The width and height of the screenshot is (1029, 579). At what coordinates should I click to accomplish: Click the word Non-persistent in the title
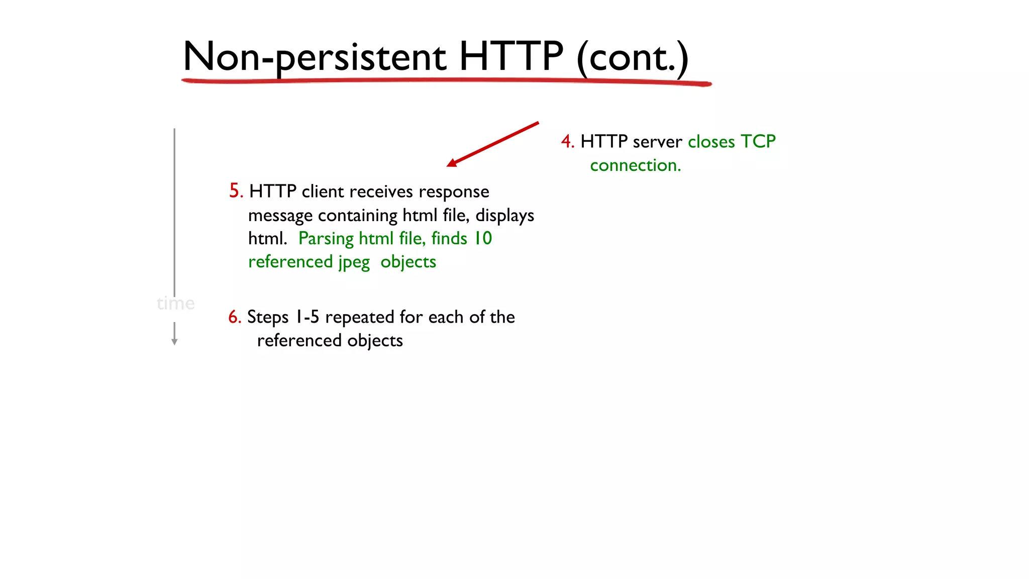click(x=314, y=57)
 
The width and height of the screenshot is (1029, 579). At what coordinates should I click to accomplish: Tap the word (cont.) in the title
click(x=632, y=57)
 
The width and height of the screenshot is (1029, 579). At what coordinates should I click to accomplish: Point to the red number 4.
click(x=567, y=142)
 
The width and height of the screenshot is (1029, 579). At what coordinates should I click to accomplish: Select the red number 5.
click(x=235, y=191)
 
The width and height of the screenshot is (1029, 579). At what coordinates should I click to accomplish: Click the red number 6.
click(x=234, y=317)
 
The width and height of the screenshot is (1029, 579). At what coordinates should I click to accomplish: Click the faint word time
click(x=175, y=304)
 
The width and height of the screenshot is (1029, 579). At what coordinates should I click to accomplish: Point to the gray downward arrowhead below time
click(x=174, y=342)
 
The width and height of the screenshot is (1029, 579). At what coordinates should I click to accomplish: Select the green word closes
click(x=711, y=142)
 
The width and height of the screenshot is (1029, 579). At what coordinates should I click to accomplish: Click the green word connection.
click(x=635, y=165)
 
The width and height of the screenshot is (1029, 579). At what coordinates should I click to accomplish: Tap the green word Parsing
click(x=326, y=239)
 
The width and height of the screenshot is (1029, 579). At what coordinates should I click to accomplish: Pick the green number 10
click(x=483, y=238)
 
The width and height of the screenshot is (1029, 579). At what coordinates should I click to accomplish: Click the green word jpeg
click(x=354, y=262)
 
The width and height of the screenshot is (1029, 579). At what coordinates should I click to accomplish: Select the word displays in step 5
click(x=504, y=216)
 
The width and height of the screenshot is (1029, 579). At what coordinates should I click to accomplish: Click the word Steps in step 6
click(x=268, y=317)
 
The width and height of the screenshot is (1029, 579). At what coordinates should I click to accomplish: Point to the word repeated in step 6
click(x=359, y=317)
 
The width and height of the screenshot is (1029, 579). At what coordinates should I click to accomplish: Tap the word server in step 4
click(x=657, y=142)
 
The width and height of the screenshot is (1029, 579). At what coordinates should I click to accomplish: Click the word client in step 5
click(x=323, y=191)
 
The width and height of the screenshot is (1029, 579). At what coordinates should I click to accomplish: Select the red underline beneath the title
click(x=446, y=80)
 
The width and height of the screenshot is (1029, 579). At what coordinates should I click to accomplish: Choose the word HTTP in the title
click(x=511, y=56)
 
